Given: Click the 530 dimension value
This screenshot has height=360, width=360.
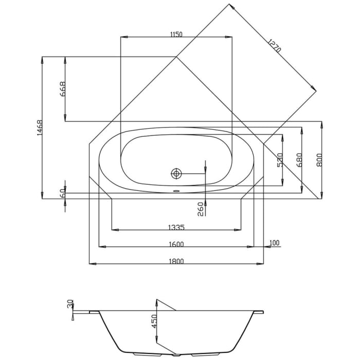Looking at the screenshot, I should point(280,160).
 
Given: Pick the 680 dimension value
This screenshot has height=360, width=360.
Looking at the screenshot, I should point(299,161).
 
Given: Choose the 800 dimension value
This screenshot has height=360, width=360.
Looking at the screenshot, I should point(319,160).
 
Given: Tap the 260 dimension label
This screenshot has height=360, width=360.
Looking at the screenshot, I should point(201,208).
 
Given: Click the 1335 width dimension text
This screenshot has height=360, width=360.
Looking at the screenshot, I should point(176,227).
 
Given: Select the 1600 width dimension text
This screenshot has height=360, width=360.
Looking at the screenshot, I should point(176,244).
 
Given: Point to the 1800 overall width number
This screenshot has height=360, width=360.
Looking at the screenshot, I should point(176,261).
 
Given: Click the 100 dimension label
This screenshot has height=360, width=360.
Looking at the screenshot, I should point(274,243).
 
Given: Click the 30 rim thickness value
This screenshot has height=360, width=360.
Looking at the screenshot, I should point(70,304).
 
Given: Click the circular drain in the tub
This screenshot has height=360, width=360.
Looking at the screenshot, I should point(176,173).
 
